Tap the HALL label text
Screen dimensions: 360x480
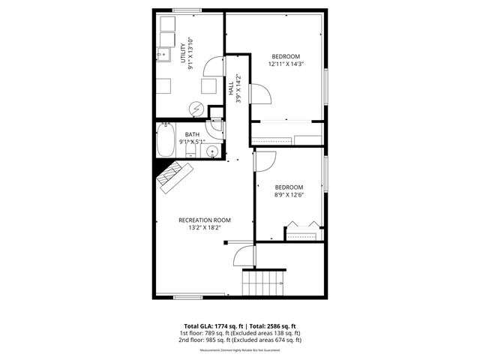[x=231, y=88]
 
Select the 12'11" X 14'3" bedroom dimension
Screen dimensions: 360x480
[x=286, y=64]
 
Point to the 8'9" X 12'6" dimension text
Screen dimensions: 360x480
[x=289, y=195]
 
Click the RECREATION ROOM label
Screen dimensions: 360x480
[x=204, y=220]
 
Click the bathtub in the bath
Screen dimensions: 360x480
[x=166, y=142]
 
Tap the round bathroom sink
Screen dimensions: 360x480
[x=212, y=151]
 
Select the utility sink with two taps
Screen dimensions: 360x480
[x=165, y=53]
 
